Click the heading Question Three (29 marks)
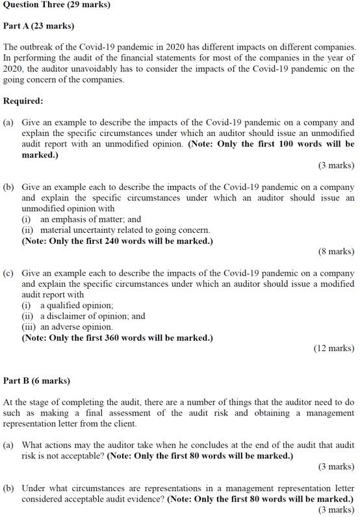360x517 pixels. (57, 5)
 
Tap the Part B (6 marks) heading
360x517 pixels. (36, 380)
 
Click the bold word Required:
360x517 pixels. (23, 101)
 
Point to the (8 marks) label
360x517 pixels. (336, 251)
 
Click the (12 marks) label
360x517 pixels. (333, 348)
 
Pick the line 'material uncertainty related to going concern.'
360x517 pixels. (125, 230)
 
